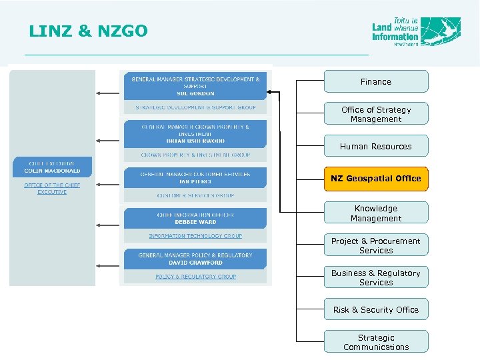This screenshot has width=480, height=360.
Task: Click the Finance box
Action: coord(376,81)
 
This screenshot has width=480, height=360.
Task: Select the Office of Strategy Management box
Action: coord(376,114)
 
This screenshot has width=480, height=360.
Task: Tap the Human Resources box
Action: coord(376,146)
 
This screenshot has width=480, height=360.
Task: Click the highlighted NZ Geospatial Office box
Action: coord(376,178)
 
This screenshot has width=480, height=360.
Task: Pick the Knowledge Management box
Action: coord(376,213)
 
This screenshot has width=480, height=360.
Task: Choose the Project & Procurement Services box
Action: coord(376,245)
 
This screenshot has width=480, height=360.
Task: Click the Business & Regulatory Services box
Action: coord(376,277)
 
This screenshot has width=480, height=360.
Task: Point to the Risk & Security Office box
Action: coord(376,309)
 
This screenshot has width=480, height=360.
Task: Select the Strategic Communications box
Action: coord(376,342)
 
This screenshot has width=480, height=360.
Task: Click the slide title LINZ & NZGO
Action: coord(89,31)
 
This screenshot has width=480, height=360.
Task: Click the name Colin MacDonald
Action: coord(52,171)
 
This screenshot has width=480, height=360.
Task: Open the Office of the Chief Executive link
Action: coord(52,188)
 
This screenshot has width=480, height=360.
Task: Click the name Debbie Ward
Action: coord(195,222)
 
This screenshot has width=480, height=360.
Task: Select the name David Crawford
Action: coord(195,263)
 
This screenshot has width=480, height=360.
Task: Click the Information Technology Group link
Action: coord(195,236)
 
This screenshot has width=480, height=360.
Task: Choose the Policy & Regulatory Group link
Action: coord(195,276)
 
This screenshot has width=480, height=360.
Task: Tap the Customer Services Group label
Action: coord(195,196)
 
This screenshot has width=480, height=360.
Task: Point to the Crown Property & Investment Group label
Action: coord(195,155)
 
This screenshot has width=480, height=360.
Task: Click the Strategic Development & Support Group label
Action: coord(195,107)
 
